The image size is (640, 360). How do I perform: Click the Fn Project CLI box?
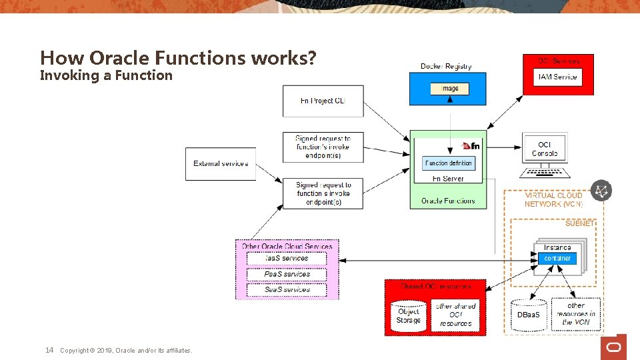(x=323, y=101)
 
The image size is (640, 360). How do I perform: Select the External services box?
(x=221, y=163)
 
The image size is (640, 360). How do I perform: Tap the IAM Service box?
(x=558, y=77)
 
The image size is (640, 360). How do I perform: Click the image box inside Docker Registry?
(x=449, y=89)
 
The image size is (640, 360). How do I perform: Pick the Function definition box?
(x=449, y=163)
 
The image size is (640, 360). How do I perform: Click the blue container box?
(x=557, y=258)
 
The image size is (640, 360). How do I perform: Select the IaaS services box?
(x=287, y=258)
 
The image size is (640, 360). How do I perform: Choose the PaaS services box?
(x=287, y=274)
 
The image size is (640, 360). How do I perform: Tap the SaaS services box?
(x=287, y=290)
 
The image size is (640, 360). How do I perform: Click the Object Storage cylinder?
(x=409, y=316)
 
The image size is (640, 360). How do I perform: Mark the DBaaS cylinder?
(x=529, y=314)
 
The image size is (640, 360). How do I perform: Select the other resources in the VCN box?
(x=576, y=314)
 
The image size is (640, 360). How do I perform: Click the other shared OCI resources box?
(x=456, y=315)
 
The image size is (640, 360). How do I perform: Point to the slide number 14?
(x=49, y=350)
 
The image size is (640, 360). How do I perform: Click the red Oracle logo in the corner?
(x=613, y=347)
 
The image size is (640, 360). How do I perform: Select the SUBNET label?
(x=579, y=223)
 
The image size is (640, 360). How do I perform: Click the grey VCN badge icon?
(x=601, y=191)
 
